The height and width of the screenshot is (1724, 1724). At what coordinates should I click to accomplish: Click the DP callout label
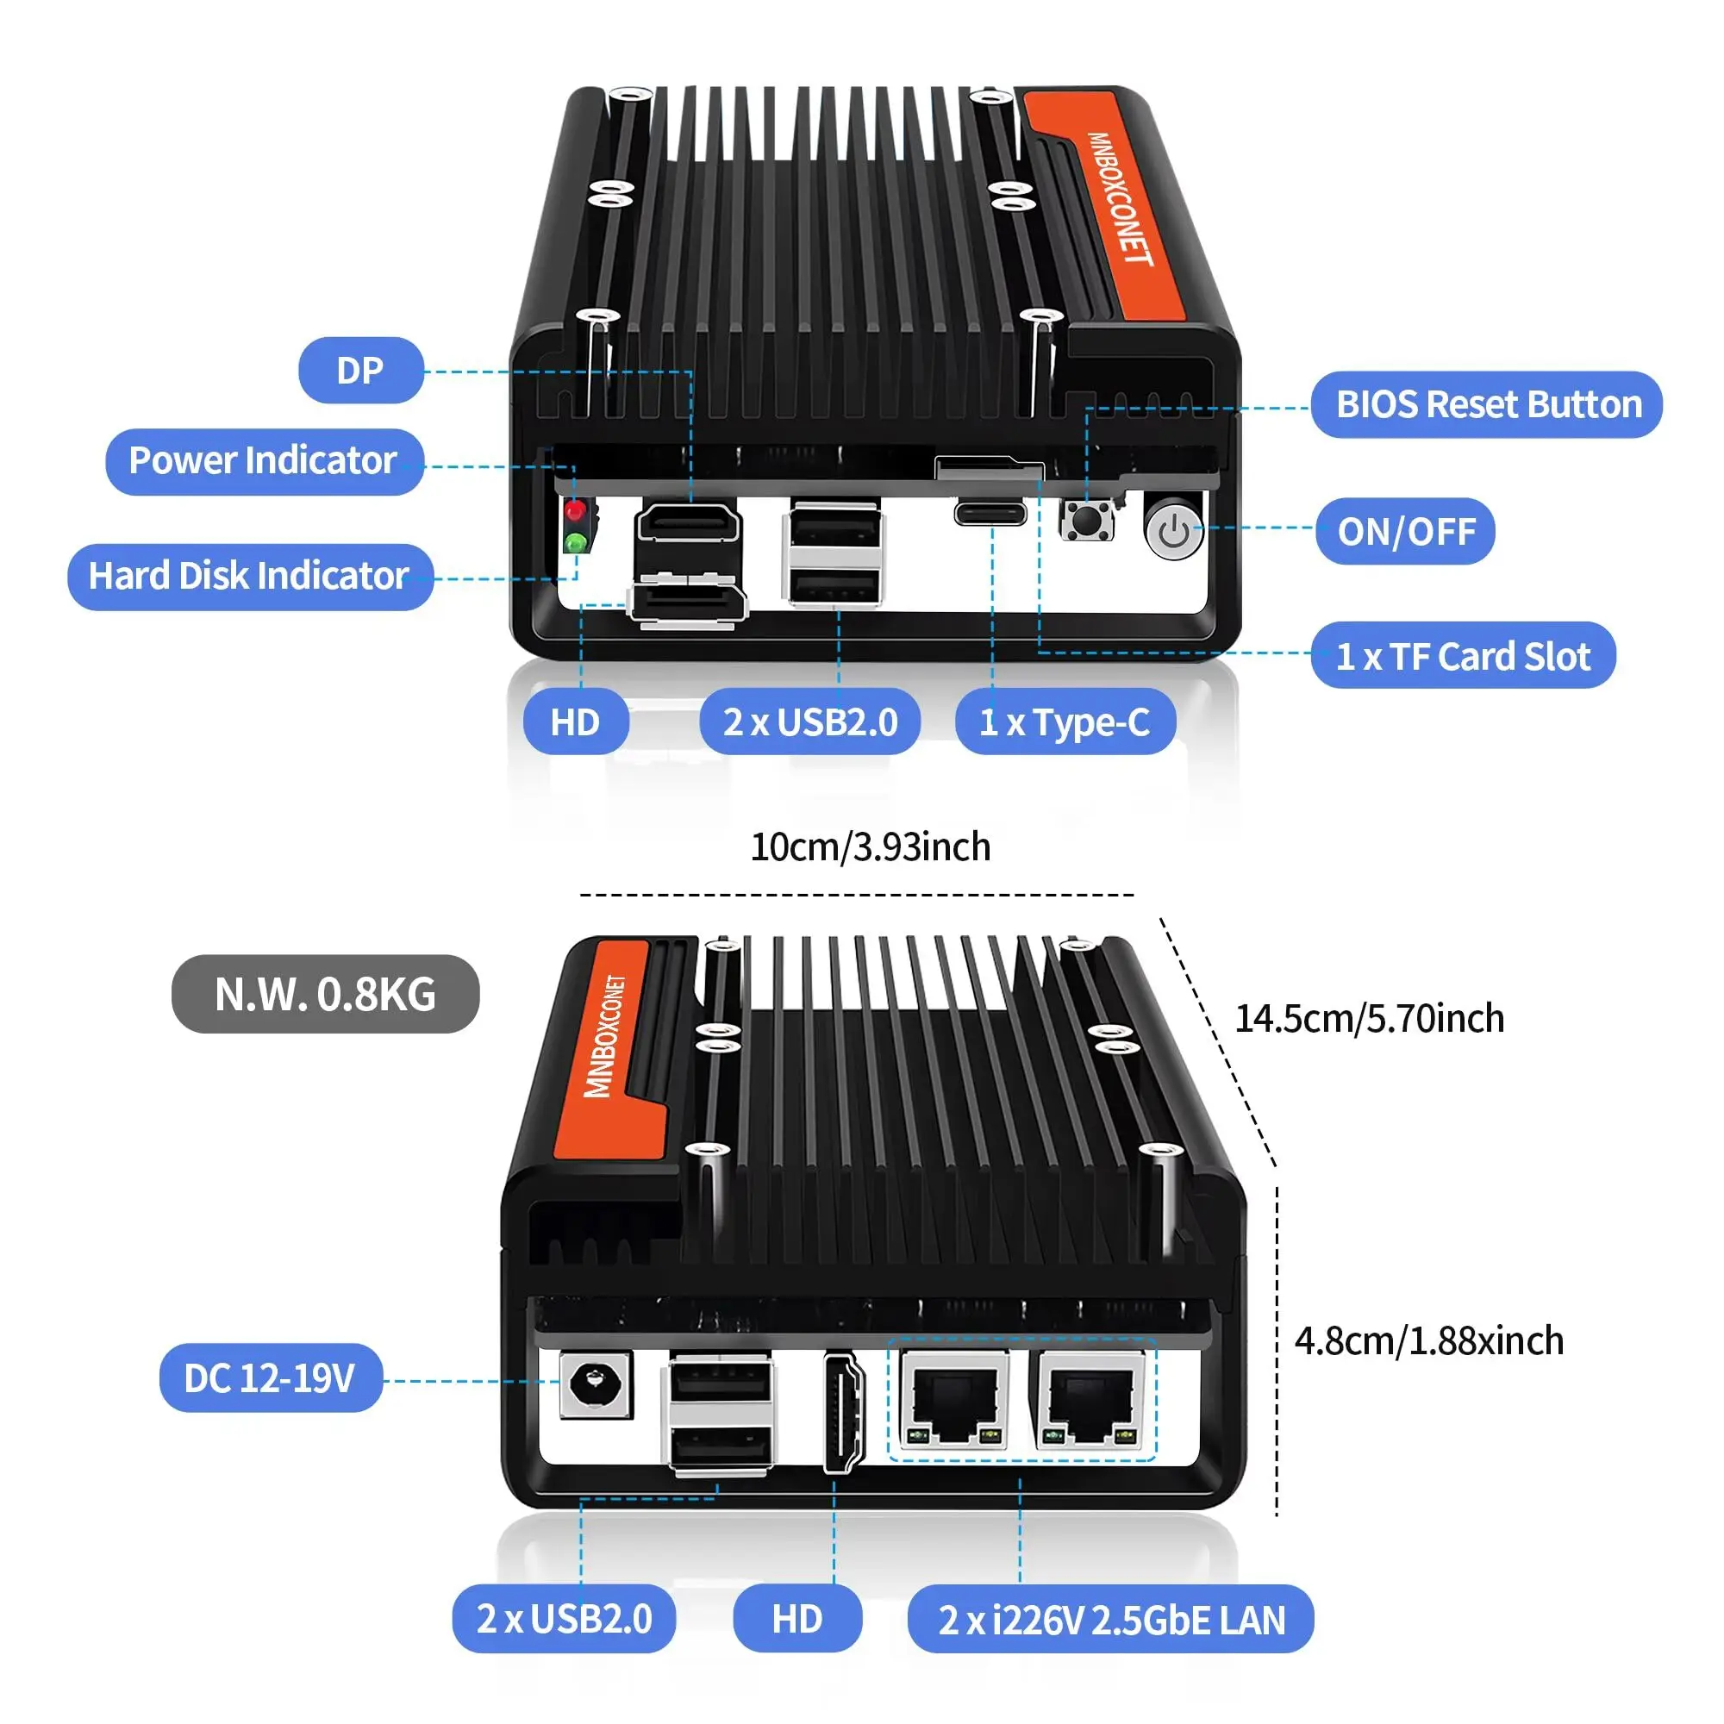(360, 371)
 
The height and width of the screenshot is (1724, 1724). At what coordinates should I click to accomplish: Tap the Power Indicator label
(264, 461)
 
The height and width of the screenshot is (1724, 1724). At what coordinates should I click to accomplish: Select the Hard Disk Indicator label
(250, 577)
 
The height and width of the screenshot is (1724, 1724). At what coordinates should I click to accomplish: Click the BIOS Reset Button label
(1487, 405)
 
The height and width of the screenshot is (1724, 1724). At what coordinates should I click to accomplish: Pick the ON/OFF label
(1405, 532)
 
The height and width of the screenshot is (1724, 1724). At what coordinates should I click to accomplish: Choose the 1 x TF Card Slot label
(1463, 657)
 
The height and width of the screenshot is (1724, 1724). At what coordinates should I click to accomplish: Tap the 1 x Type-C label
(1065, 721)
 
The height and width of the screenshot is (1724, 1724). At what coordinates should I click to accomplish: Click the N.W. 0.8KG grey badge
(325, 994)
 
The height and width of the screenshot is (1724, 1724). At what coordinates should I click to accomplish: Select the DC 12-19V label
(271, 1378)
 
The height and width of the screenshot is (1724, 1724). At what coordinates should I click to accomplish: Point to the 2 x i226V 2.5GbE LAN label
(1111, 1621)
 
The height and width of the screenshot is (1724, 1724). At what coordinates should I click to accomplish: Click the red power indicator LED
(576, 510)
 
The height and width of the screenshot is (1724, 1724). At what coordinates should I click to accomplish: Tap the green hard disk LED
(576, 541)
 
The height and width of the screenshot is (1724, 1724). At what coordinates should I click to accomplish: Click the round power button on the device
(1173, 532)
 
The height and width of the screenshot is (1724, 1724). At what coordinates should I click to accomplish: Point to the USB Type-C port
(990, 514)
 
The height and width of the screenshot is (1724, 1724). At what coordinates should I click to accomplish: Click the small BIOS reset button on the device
(1087, 519)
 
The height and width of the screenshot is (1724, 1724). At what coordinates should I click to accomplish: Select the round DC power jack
(595, 1384)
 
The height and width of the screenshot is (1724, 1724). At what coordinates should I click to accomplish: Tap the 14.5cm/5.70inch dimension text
(1369, 1019)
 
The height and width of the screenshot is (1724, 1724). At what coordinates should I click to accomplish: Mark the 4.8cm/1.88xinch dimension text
(1428, 1341)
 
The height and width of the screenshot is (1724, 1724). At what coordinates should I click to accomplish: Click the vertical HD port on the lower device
(843, 1413)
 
